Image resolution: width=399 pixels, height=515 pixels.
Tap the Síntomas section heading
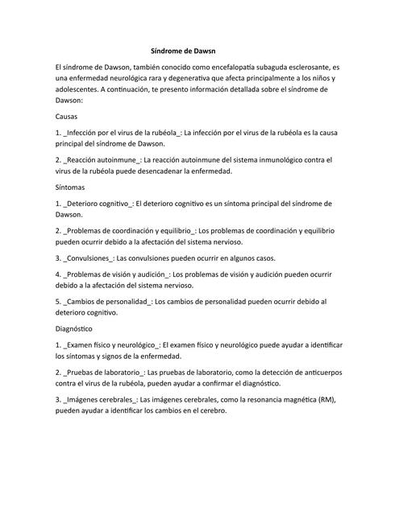tap(70, 186)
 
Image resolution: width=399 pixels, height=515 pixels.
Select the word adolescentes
tap(81, 91)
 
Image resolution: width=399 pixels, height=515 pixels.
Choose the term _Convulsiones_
tap(89, 258)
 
